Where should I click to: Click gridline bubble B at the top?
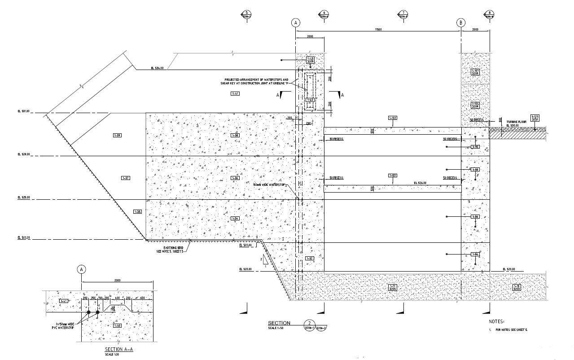coord(460,22)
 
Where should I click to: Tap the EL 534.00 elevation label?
coord(157,68)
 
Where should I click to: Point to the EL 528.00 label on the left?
coord(24,154)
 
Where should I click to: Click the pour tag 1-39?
coord(118,135)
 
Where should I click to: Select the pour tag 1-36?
coord(235,178)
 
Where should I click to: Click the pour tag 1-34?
coord(235,218)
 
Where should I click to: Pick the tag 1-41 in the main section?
coord(235,93)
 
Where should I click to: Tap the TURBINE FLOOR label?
coord(516,122)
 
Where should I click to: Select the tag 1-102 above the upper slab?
coord(393,118)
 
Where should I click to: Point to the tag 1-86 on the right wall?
coord(475,217)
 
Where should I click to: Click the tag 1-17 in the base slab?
coord(393,287)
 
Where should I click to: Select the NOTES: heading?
coord(496,321)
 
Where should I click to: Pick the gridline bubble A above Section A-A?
coord(81,269)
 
